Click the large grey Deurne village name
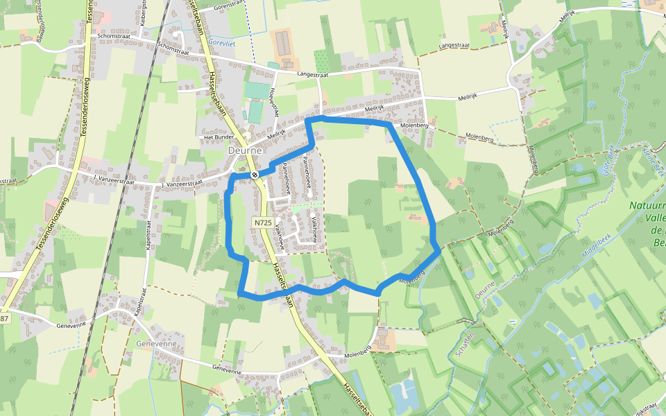coord(244,150)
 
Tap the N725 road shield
coord(262,223)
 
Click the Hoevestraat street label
coord(273,105)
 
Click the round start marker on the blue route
coord(255,174)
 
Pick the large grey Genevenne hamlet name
coord(157,344)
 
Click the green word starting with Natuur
coord(647,206)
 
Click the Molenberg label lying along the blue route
coord(411,281)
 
